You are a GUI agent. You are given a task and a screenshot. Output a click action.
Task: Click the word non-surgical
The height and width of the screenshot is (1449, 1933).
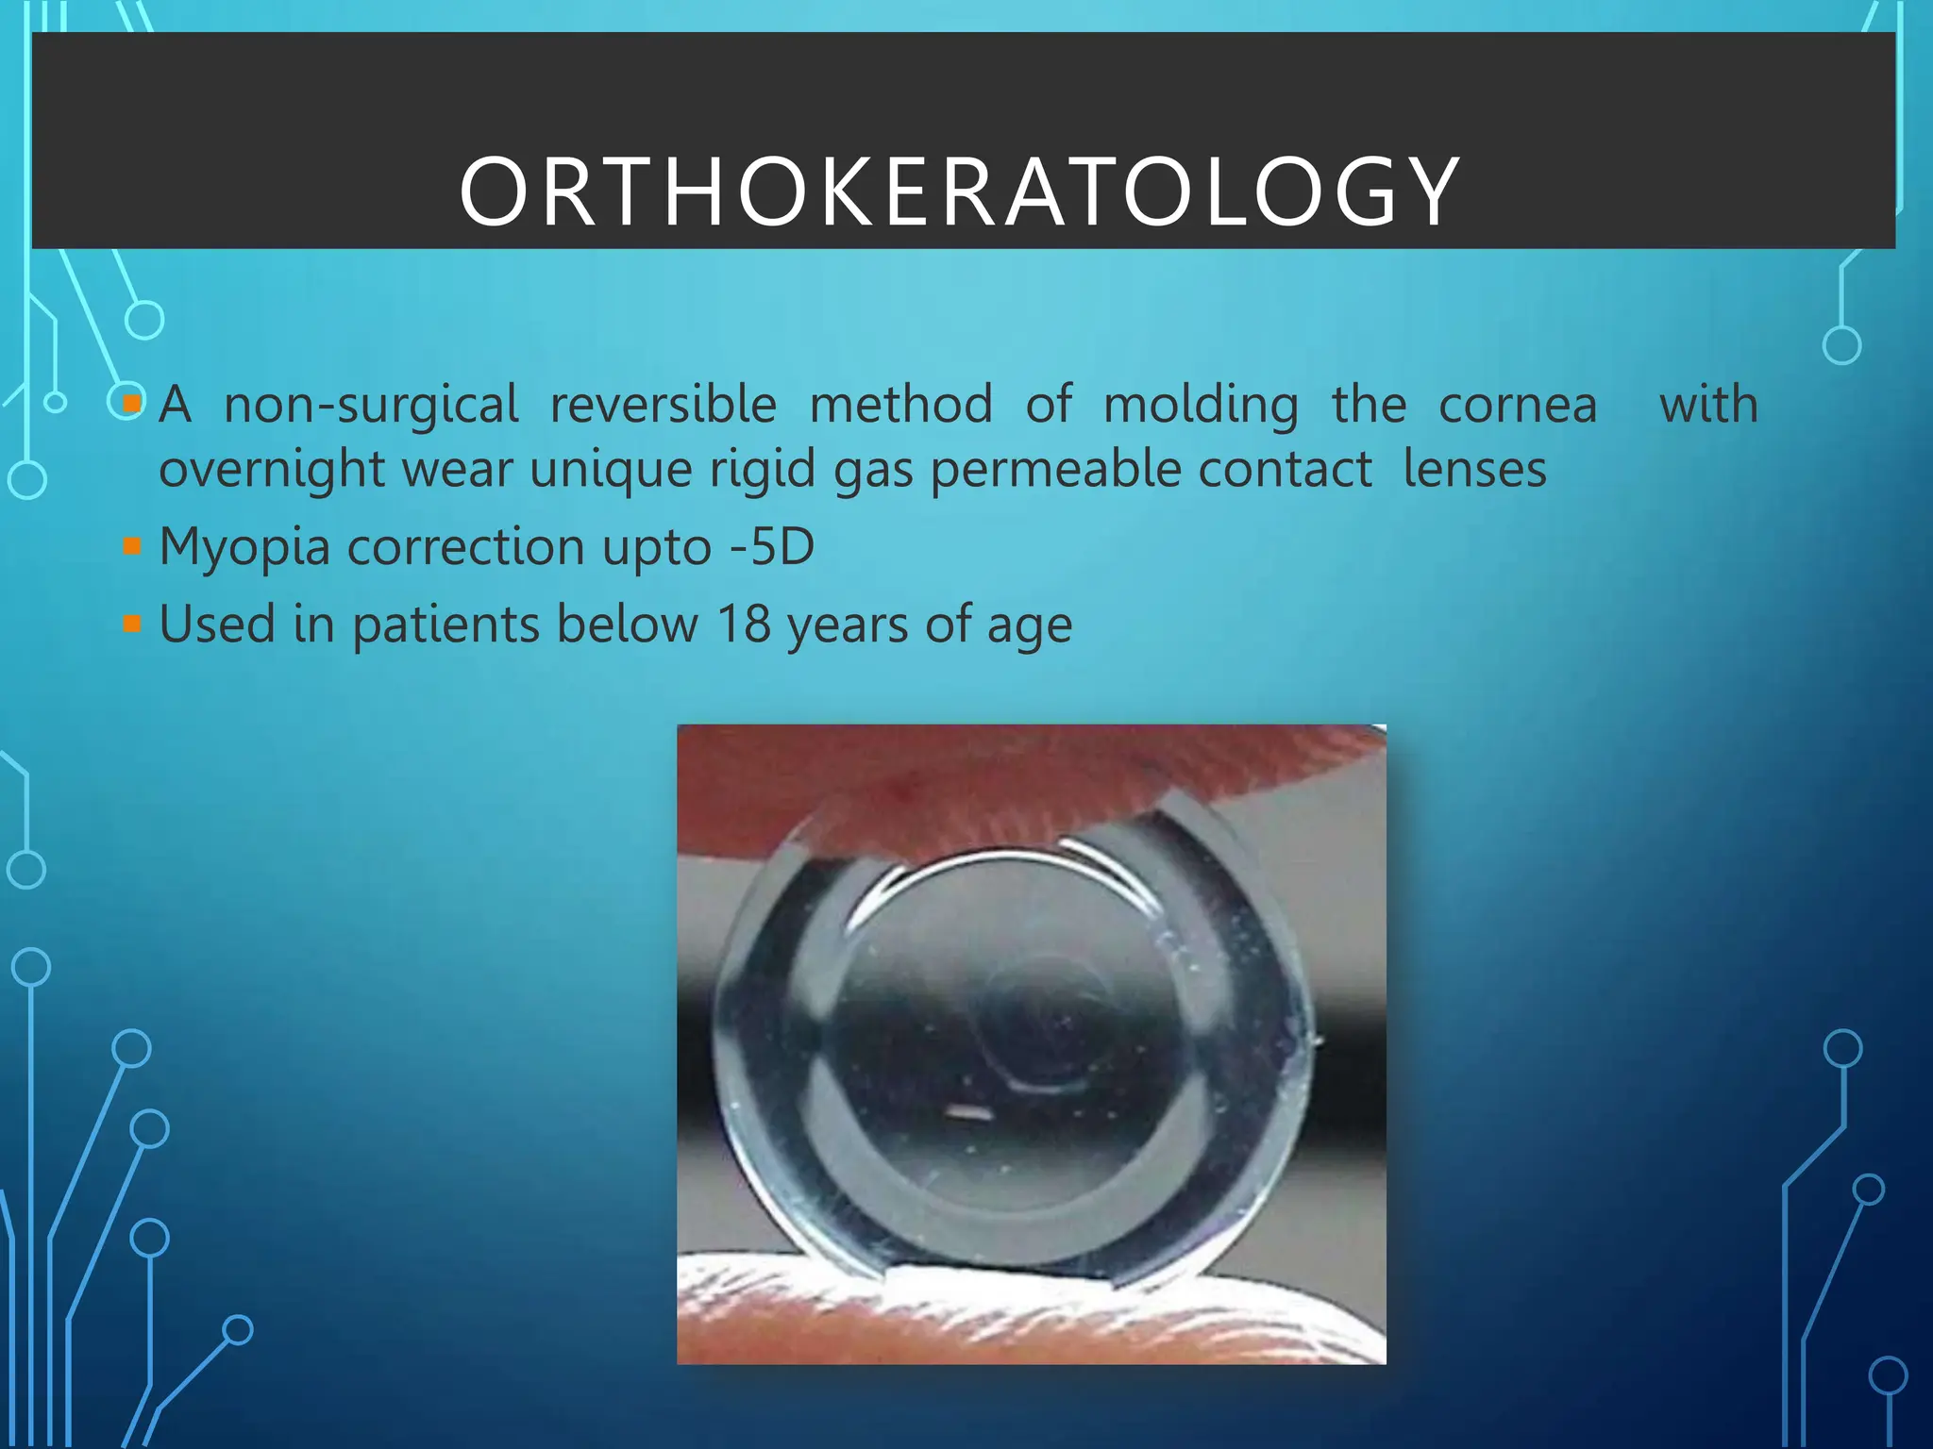coord(371,406)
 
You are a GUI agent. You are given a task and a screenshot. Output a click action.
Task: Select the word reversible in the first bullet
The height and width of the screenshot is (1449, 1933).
coord(663,406)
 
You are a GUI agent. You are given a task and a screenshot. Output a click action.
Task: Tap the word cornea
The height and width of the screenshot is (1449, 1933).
coord(1518,406)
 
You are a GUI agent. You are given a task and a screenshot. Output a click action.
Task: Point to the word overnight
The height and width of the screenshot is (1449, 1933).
coord(272,470)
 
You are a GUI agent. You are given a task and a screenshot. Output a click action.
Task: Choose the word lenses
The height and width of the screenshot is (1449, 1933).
coord(1474,469)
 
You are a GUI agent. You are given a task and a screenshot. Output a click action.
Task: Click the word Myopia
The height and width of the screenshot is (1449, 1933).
coord(244,547)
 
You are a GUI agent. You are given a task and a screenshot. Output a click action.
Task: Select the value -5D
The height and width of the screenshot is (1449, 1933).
coord(772,546)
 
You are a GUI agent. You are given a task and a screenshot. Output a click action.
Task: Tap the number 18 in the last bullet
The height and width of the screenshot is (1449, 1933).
coord(744,625)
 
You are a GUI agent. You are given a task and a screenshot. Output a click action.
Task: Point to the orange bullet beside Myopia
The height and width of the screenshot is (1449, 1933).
coord(132,546)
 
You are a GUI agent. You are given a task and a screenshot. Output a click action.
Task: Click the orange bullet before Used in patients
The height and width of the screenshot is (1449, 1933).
coord(132,624)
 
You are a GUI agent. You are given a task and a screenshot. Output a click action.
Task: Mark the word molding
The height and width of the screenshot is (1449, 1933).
coord(1201,406)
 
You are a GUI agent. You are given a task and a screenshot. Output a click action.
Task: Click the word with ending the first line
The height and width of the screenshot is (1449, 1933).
coord(1708,406)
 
